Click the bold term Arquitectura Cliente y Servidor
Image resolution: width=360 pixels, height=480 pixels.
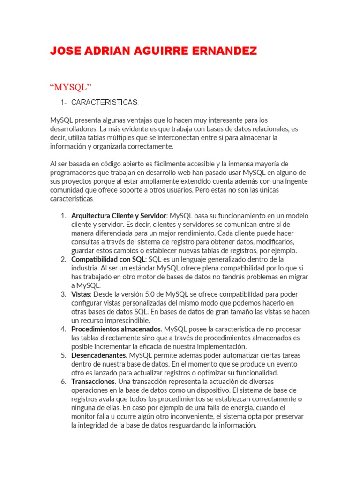click(x=119, y=216)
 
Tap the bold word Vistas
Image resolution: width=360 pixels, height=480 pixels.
click(x=81, y=294)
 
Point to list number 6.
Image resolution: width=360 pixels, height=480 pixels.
click(x=63, y=382)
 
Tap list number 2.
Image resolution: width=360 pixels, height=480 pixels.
click(x=63, y=259)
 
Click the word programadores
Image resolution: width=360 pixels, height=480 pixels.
click(x=73, y=172)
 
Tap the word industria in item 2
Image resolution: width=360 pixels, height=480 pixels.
click(x=85, y=268)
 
